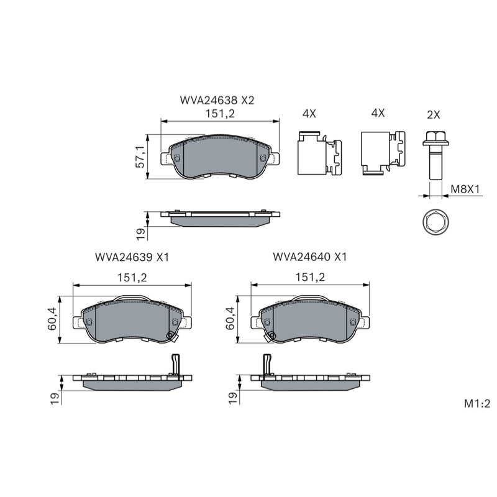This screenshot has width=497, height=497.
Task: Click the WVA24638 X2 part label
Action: click(x=217, y=101)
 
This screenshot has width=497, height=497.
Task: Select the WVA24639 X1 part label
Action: click(x=132, y=257)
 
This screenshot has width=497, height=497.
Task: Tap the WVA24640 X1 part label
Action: click(x=310, y=257)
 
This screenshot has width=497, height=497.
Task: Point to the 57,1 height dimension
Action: click(x=140, y=157)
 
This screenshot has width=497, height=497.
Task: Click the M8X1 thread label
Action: click(x=465, y=189)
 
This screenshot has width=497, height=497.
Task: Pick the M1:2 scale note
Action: click(x=477, y=403)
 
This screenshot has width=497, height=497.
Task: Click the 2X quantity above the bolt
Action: click(x=433, y=114)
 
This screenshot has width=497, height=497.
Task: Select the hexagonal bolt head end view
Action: click(x=435, y=222)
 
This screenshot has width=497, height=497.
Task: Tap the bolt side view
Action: click(x=435, y=156)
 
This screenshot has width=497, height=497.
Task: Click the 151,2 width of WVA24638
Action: click(x=220, y=114)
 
